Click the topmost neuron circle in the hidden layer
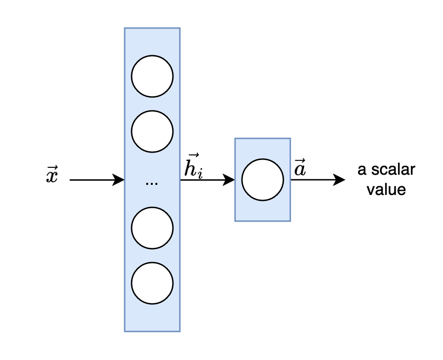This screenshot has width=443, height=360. point(152,76)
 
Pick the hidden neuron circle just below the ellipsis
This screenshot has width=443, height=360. point(152,228)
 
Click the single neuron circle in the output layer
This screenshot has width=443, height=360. point(263,180)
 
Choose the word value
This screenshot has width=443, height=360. point(386,189)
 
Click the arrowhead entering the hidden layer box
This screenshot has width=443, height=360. point(119,180)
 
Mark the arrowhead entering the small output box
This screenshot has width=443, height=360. point(229,180)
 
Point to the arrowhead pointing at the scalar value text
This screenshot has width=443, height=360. point(340,180)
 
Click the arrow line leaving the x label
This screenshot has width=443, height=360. point(92,180)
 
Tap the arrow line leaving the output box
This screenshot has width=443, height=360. point(313,180)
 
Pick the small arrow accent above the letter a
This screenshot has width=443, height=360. point(299,161)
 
